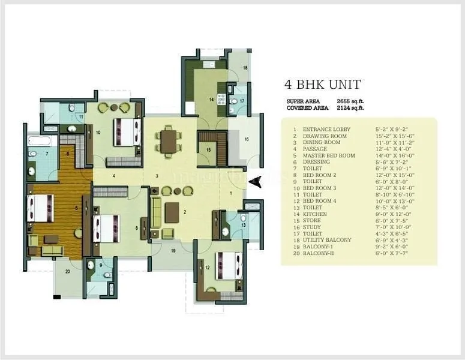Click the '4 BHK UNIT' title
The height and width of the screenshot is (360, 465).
click(322, 85)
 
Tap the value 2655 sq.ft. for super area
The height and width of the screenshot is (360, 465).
click(350, 101)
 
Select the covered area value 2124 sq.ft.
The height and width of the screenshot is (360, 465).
click(350, 108)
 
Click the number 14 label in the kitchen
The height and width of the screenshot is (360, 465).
click(211, 98)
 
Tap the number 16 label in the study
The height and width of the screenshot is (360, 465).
click(246, 139)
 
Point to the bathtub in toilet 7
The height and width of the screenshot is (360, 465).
click(42, 142)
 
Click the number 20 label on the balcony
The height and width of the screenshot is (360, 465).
click(67, 272)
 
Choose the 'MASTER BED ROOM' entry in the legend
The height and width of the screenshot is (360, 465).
click(328, 154)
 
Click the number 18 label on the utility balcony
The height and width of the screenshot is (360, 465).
click(245, 68)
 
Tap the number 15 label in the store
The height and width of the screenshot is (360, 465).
click(208, 150)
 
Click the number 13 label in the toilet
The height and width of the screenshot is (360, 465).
click(243, 225)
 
